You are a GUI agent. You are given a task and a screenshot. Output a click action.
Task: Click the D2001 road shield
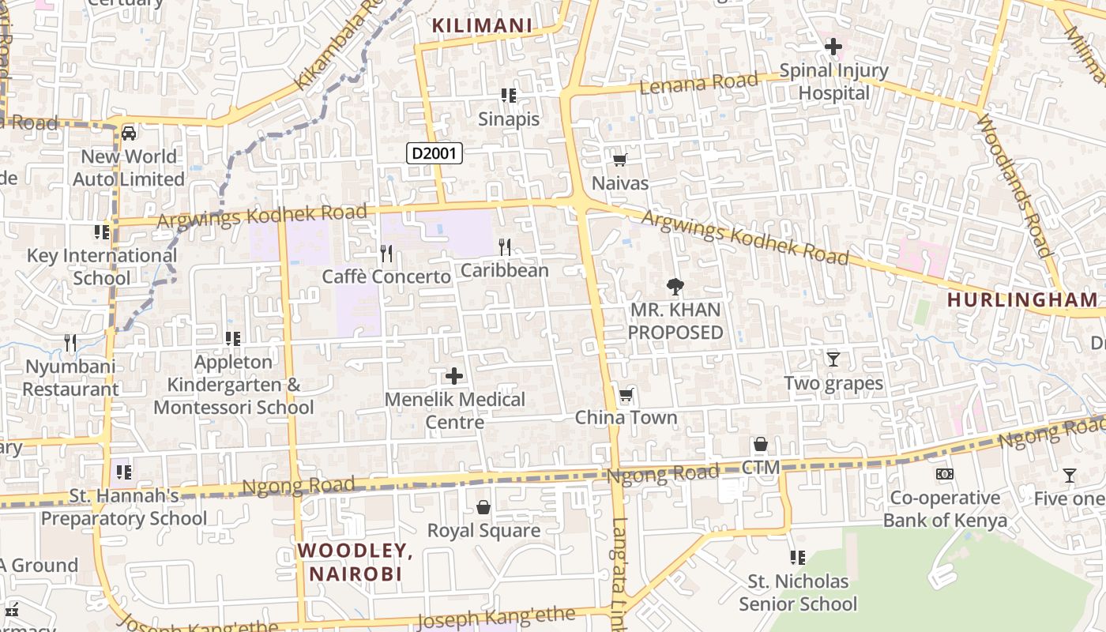pos(434,152)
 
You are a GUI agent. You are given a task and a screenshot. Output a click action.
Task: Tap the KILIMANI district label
pos(482,26)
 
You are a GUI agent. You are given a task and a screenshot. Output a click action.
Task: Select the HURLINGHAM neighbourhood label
pos(1022,300)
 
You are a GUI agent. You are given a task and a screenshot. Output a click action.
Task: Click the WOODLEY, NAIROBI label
pos(355,562)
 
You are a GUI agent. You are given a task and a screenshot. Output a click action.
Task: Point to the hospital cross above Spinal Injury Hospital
pos(833,47)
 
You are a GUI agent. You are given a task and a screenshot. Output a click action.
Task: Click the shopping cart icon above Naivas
pos(620,160)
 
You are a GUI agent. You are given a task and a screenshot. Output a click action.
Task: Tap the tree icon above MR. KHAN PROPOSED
pos(675,286)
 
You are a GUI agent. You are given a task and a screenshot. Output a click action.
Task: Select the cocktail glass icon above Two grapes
pos(833,359)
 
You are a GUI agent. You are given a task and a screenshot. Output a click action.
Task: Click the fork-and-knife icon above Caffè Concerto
pos(386,253)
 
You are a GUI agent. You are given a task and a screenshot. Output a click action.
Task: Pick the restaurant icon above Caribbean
pos(505,247)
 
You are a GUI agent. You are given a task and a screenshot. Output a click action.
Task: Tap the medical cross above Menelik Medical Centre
pos(454,375)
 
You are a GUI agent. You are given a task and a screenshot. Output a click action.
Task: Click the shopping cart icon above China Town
pos(626,394)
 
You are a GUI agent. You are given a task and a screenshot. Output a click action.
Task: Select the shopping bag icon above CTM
pos(760,444)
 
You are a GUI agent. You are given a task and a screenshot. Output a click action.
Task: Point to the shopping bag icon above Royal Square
pos(483,506)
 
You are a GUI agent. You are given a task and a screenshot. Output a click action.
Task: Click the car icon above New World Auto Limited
pos(129,133)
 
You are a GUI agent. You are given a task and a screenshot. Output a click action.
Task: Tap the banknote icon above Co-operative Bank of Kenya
pos(944,474)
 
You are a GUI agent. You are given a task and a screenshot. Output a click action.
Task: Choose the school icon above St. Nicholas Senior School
pos(797,558)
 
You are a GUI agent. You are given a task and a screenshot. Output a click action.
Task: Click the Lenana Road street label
pos(687,83)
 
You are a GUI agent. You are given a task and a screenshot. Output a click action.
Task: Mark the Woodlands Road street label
pos(1014,186)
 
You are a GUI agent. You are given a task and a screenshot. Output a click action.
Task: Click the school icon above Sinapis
pos(509,96)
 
